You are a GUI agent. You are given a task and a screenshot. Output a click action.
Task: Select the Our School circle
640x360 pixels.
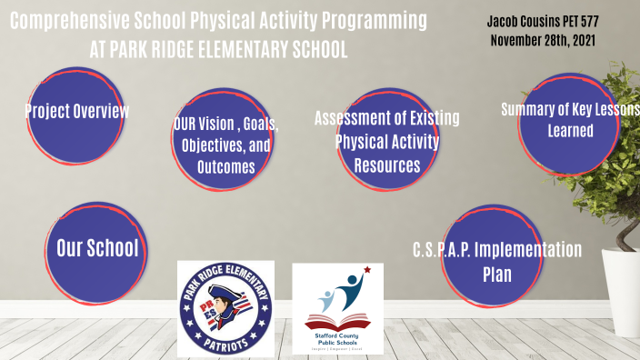pos(97,248)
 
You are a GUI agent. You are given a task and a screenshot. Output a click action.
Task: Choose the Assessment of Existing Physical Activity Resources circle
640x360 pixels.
pos(386,142)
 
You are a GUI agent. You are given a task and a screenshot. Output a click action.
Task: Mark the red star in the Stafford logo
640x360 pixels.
pos(366,271)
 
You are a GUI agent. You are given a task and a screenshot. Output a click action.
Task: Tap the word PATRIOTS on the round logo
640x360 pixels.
pos(225,343)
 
